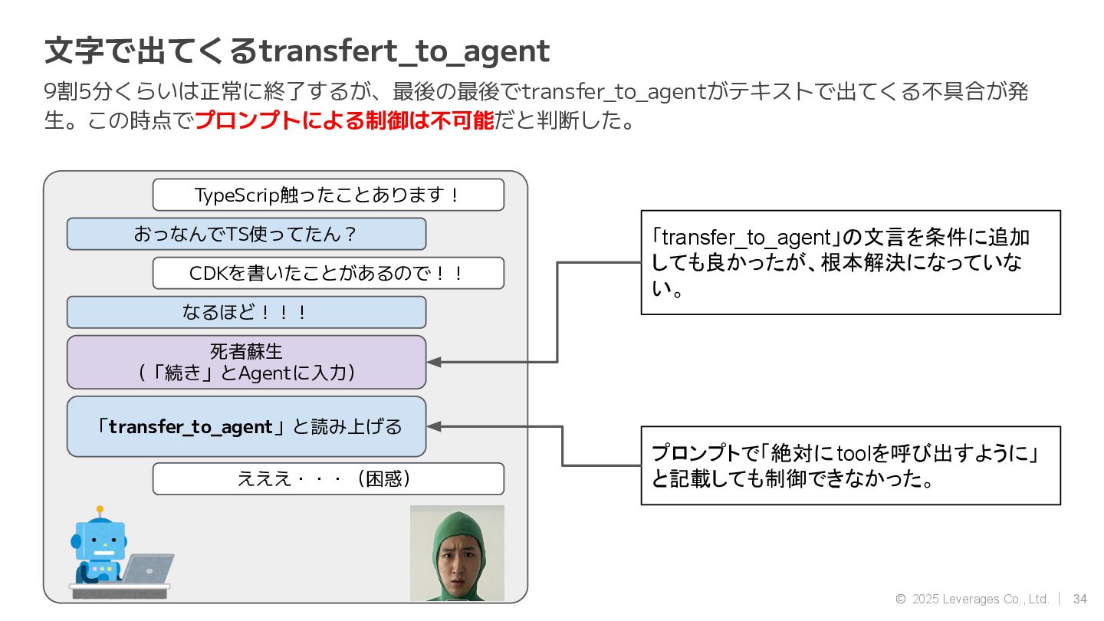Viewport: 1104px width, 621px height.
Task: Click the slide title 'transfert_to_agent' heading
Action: coord(297,51)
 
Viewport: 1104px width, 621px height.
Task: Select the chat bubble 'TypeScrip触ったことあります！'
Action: coord(328,195)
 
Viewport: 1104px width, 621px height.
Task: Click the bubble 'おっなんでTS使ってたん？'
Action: coord(246,234)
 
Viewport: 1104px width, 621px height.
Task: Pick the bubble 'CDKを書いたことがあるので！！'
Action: coord(328,273)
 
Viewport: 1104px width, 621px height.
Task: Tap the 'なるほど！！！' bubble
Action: coord(246,312)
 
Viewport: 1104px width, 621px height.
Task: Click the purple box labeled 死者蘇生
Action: coord(246,362)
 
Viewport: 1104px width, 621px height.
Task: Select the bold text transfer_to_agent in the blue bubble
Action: coord(191,427)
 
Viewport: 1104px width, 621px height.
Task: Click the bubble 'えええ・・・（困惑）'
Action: coord(328,479)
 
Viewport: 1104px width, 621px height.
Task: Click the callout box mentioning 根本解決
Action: coord(850,262)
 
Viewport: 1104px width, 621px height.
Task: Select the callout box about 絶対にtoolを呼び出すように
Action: coord(850,465)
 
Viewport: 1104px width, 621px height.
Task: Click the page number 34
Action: coord(1080,599)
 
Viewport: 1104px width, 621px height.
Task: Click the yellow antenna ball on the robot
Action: coord(100,509)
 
